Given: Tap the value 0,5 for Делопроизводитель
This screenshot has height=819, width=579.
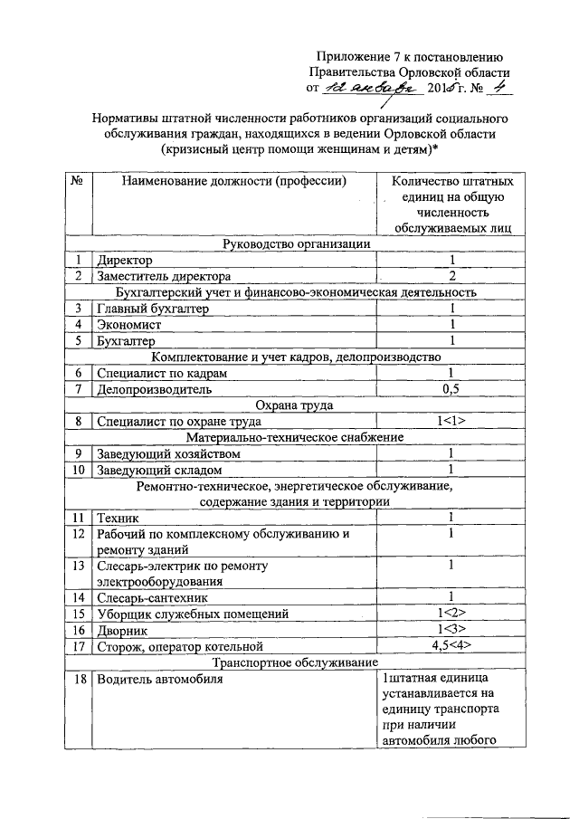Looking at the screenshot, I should pos(450,389).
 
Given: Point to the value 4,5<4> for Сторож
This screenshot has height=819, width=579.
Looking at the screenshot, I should pos(450,645).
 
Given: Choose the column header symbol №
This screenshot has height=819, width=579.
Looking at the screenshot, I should pos(79,181).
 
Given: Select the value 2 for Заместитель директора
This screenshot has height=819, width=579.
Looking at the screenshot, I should pos(450,276).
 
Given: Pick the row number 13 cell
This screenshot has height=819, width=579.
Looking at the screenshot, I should pos(80,566).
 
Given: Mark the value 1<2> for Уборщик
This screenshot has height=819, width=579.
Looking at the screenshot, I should pos(450,614).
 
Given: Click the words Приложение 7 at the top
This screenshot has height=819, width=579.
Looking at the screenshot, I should pos(358,56).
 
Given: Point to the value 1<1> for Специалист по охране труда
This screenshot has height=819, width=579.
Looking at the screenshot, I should pos(450,421).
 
